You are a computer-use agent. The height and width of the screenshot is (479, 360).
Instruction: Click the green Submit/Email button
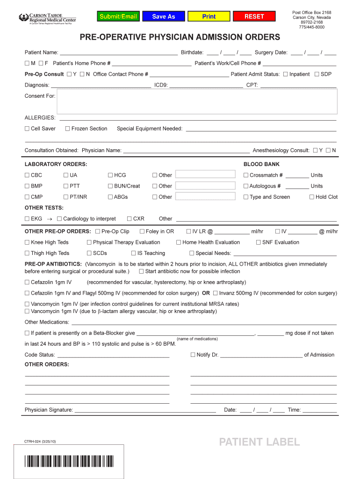point(118,16)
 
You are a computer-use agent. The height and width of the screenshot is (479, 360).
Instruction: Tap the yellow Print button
point(209,16)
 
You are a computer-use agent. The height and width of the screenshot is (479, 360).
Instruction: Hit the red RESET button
point(254,16)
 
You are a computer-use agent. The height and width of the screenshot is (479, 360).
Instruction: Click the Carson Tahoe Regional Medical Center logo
point(47,19)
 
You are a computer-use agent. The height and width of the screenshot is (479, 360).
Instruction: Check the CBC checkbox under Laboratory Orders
point(27,175)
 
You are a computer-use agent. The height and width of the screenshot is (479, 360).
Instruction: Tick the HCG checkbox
point(110,175)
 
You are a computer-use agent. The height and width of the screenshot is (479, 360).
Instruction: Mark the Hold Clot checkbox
point(312,197)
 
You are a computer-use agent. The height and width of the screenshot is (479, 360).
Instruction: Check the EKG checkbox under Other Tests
point(27,219)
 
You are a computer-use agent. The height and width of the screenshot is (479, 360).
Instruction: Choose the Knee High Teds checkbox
point(27,242)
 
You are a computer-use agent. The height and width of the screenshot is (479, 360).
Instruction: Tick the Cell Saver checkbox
point(27,129)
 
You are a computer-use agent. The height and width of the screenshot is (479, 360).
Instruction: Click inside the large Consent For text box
point(196,102)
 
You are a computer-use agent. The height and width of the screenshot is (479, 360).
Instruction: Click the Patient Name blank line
point(119,53)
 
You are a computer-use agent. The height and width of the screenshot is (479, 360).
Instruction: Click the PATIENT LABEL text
point(259,442)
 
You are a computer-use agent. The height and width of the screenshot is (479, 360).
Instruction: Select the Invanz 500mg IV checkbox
point(216,293)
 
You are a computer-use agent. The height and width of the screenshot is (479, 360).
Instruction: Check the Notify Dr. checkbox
point(193,355)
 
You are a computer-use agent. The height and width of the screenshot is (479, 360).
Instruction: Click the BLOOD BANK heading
point(261,165)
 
